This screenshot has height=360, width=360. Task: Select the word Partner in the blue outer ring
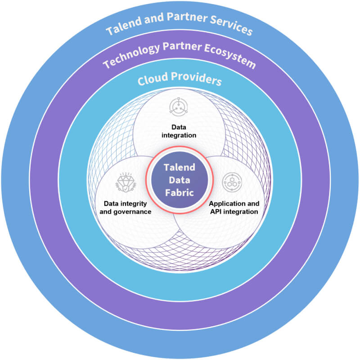[x=187, y=17]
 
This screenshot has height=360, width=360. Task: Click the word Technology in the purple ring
[x=131, y=55]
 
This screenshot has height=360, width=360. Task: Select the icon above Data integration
[x=179, y=107]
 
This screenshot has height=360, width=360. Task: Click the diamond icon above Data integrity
[x=126, y=182]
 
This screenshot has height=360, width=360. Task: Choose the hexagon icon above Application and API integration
[x=232, y=182]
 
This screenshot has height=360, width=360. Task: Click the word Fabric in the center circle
[x=180, y=193]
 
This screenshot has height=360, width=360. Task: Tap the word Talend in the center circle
[x=180, y=167]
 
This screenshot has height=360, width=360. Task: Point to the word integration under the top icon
[x=179, y=135]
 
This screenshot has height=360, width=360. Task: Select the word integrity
[x=134, y=204]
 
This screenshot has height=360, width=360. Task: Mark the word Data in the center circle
[x=180, y=180]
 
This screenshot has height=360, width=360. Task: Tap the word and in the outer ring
[x=154, y=18]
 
